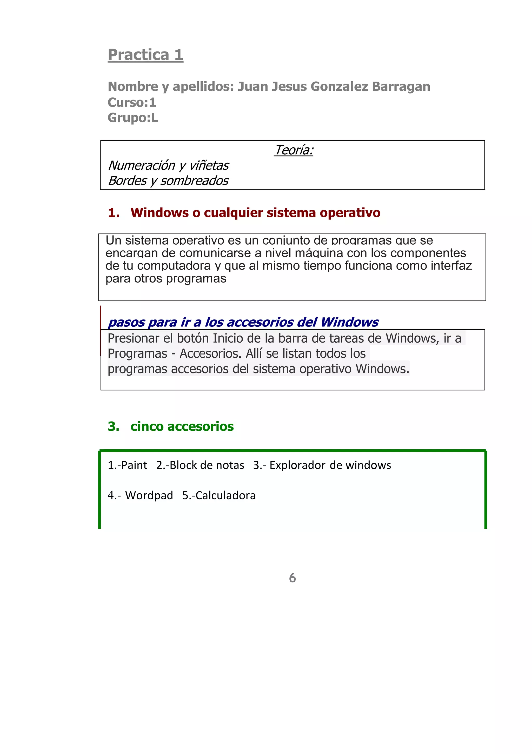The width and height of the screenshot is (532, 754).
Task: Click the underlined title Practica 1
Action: pos(145,55)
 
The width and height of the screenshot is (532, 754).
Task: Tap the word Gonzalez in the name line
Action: pos(339,87)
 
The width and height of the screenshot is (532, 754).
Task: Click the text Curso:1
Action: pos(132,102)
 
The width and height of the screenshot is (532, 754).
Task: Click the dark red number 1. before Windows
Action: pos(114,213)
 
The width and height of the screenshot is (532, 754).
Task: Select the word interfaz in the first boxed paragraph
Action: pos(451,266)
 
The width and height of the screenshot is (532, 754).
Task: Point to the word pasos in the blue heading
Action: pos(126,323)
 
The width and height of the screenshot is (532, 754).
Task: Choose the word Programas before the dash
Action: pos(137,354)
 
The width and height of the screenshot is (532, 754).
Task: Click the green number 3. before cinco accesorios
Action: pos(114,427)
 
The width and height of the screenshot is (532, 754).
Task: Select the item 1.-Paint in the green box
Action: pos(127,465)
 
